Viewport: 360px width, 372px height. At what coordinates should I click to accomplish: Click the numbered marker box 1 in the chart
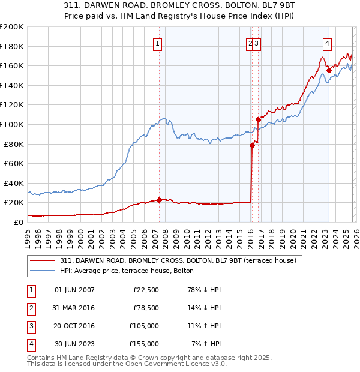click(157, 43)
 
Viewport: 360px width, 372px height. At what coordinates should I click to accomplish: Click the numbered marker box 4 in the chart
click(327, 43)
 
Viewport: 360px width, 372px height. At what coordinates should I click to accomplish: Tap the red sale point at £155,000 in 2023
click(329, 70)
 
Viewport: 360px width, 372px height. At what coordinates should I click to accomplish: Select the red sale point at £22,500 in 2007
click(159, 200)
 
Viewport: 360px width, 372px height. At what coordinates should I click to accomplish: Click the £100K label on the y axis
click(12, 124)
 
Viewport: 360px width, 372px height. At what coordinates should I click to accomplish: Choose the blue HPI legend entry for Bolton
click(127, 271)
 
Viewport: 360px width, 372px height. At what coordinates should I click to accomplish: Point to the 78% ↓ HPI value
click(203, 290)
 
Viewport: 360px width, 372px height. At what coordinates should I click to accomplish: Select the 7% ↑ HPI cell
click(206, 344)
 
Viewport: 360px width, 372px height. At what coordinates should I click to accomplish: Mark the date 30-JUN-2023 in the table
click(74, 344)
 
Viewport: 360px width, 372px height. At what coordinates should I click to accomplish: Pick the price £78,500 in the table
click(146, 308)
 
